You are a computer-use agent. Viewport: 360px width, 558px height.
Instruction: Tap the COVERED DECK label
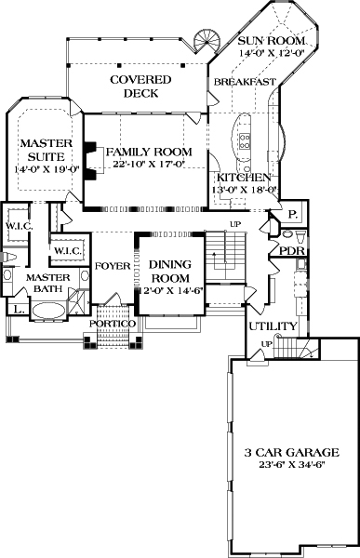pyautogui.click(x=140, y=86)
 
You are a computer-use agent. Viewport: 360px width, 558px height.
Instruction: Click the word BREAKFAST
pyautogui.click(x=245, y=83)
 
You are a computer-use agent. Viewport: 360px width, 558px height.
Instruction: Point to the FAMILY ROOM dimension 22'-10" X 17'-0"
pyautogui.click(x=148, y=165)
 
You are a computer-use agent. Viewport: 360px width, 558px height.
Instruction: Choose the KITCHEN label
pyautogui.click(x=244, y=177)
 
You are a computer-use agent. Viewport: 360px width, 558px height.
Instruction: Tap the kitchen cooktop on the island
pyautogui.click(x=246, y=140)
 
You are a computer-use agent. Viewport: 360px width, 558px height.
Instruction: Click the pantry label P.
pyautogui.click(x=291, y=213)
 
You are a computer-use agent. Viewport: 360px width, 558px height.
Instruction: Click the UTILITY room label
pyautogui.click(x=272, y=326)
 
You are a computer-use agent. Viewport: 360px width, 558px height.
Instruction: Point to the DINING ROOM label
pyautogui.click(x=169, y=272)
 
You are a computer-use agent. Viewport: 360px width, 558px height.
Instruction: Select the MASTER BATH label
pyautogui.click(x=43, y=284)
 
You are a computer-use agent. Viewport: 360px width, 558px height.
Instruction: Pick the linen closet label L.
pyautogui.click(x=19, y=310)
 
